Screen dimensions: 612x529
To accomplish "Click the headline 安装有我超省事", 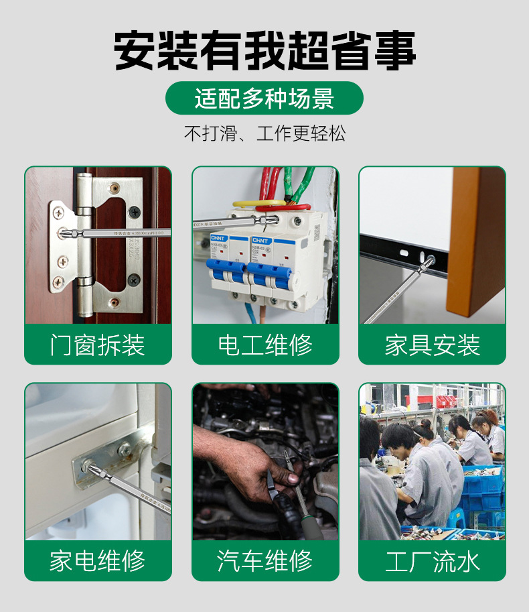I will [x=264, y=50].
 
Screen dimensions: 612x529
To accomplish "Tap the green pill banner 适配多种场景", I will [x=264, y=99].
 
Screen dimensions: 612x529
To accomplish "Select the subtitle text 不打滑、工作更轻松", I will [x=264, y=133].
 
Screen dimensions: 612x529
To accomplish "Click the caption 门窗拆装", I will [x=98, y=345].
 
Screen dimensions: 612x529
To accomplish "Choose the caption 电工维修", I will [x=265, y=345].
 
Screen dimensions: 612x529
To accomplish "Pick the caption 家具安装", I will [x=432, y=345].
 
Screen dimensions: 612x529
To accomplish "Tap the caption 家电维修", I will [x=98, y=561].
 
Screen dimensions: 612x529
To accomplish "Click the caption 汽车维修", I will [x=265, y=561].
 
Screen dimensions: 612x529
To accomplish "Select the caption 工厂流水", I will [x=432, y=561].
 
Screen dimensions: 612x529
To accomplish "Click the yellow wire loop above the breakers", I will [x=258, y=202].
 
